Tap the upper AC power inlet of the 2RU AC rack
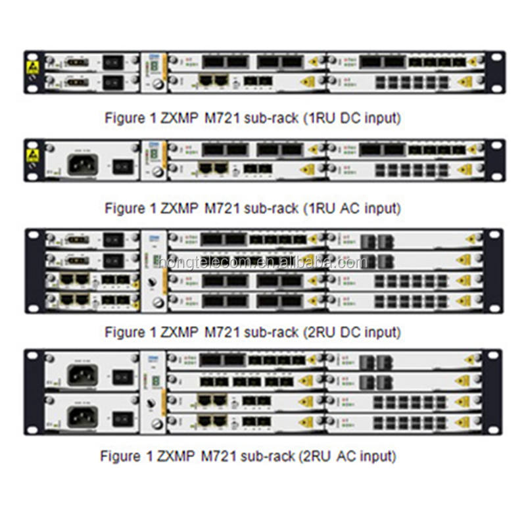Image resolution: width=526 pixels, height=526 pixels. pyautogui.click(x=83, y=375)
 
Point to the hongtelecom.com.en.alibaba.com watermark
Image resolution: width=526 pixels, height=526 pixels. pyautogui.click(x=263, y=262)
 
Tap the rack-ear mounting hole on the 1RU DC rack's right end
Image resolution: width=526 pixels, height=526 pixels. pyautogui.click(x=494, y=57)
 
